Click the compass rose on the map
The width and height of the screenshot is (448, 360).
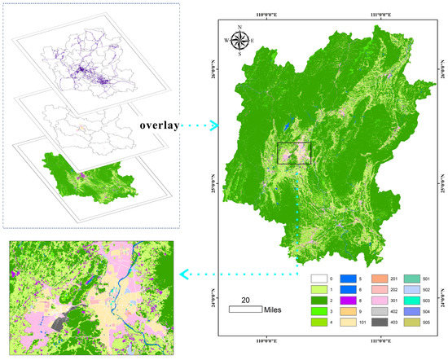[x=240, y=39]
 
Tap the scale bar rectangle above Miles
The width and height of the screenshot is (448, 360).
[x=245, y=310]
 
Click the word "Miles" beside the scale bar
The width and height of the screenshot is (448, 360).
[x=275, y=310]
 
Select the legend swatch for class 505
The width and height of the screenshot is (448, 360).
[x=412, y=322]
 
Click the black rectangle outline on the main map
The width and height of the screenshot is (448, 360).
[x=294, y=153]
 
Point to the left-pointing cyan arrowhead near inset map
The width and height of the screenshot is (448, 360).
[x=185, y=275]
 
